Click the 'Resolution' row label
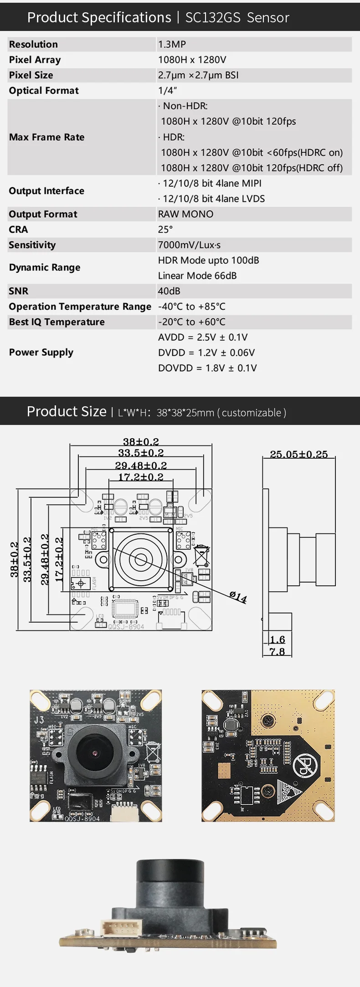coord(33,44)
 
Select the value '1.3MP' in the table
coord(172,44)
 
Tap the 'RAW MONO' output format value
coord(185,214)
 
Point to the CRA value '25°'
coord(165,230)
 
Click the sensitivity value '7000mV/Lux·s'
coord(189,245)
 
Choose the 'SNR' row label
coord(19,291)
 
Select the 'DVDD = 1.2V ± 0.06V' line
coord(206,353)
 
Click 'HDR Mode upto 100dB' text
coord(208,261)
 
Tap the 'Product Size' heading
coord(67,411)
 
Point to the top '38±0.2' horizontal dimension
coord(141,442)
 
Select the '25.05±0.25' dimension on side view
coord(298,454)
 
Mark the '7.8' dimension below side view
coord(277,652)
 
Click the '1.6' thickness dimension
coord(277,640)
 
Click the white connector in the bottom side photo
coord(121,928)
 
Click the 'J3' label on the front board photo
coord(39,720)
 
